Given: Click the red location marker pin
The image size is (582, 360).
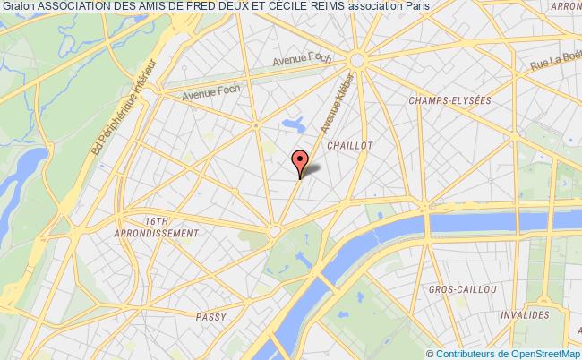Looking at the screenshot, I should coord(301,162).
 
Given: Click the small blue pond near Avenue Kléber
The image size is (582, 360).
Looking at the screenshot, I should coord(291,122).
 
